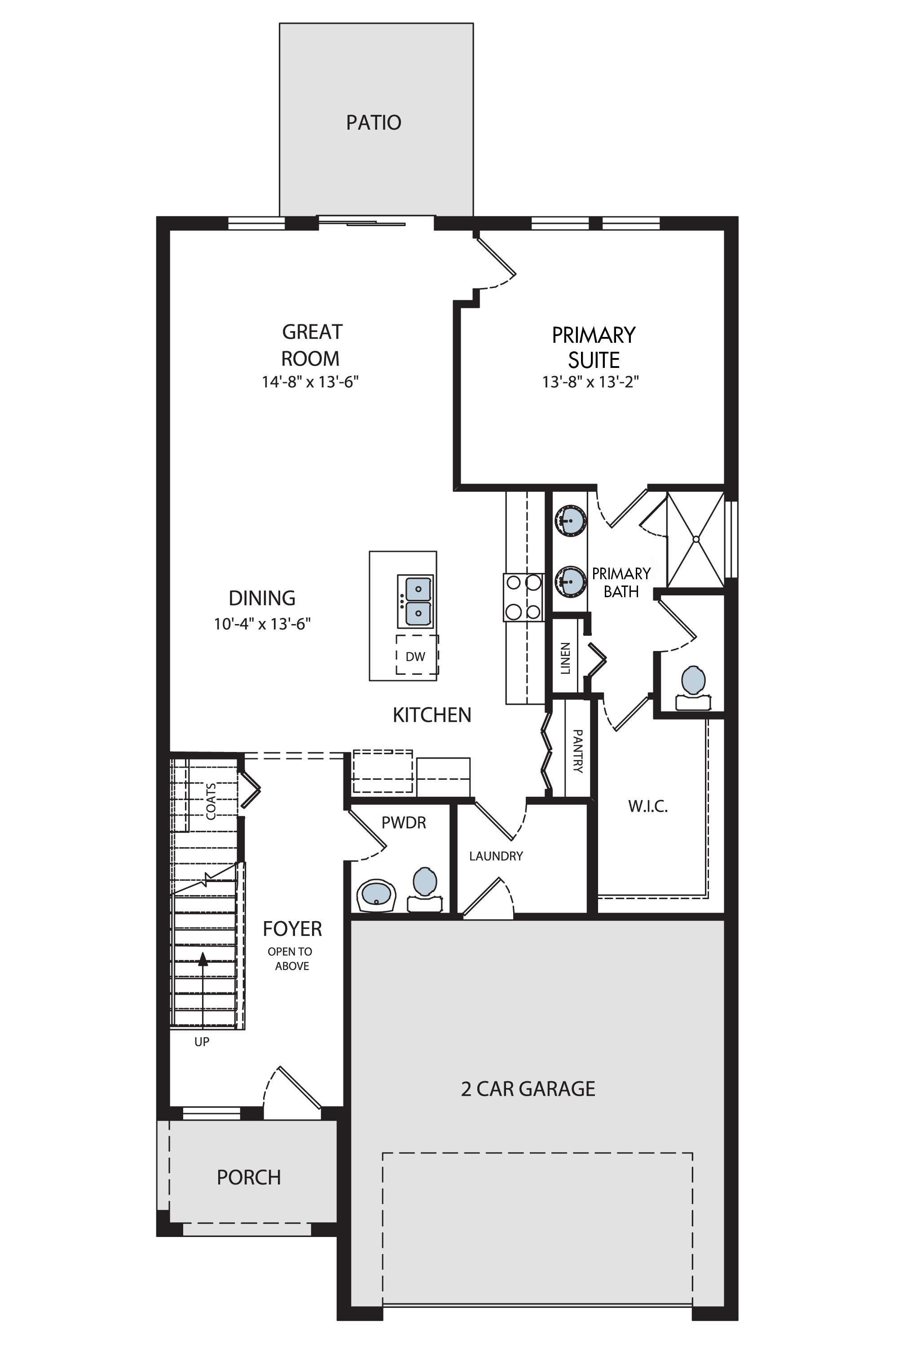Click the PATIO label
point(374,122)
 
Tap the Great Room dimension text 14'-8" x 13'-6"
point(310,382)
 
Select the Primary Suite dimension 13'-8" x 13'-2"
point(590,382)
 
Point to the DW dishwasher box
point(417,655)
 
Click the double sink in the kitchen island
point(415,602)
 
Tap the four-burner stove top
point(524,597)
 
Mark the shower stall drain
point(696,539)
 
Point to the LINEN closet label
point(565,658)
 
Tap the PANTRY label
point(578,751)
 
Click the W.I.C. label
point(648,806)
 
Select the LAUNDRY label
point(496,856)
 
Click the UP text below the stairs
point(202,1042)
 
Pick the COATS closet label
point(211,801)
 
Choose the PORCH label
point(249,1177)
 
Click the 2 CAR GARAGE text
point(528,1088)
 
